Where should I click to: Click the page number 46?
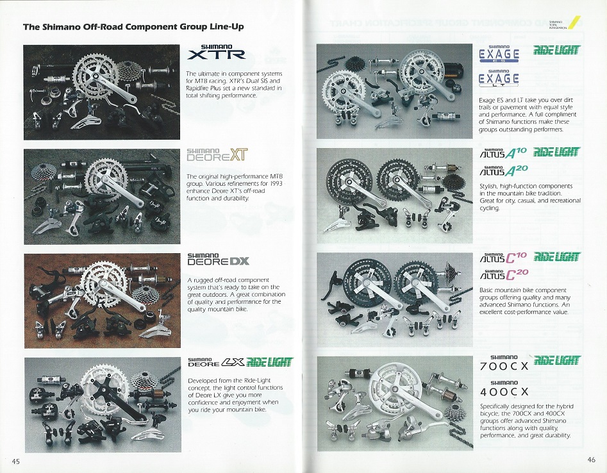tap(591, 458)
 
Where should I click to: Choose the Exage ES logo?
tap(499, 53)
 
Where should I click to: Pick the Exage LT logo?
tap(499, 78)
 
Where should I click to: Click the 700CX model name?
tap(504, 367)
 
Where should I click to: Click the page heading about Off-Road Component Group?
tap(133, 27)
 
